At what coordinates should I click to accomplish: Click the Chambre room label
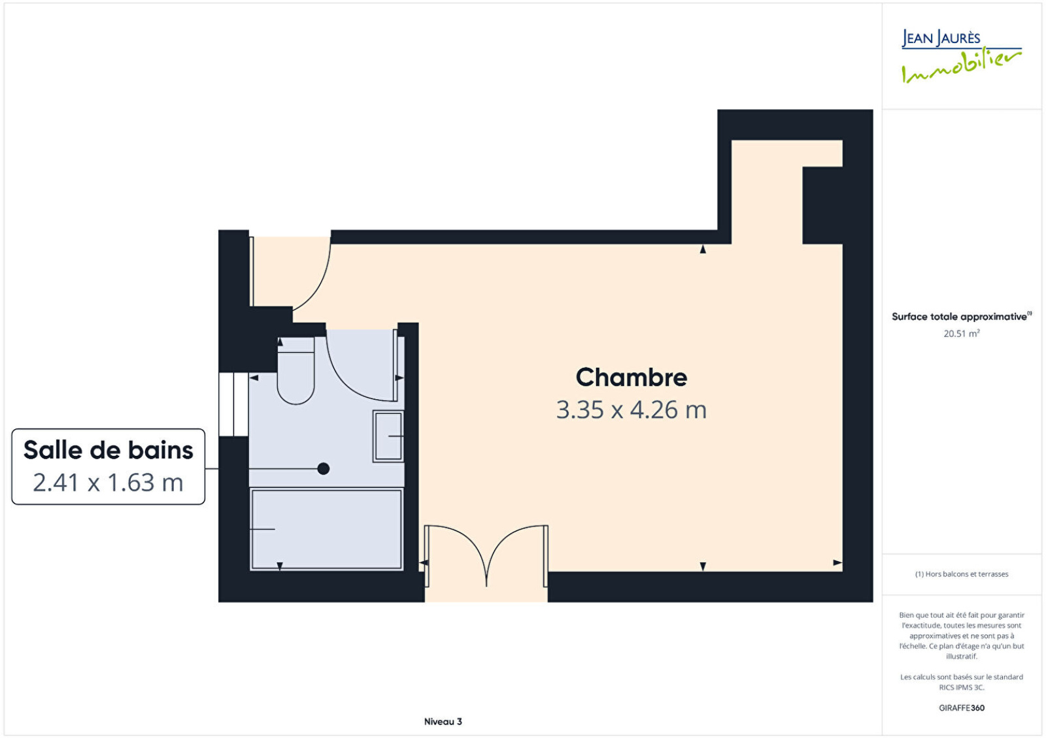[632, 377]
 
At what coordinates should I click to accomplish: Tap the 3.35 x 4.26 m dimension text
[632, 410]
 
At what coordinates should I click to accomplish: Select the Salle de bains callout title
[109, 450]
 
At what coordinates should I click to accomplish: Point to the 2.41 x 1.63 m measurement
[108, 483]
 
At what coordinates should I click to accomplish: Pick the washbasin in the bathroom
[388, 436]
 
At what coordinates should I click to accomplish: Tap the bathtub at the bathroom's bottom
[326, 530]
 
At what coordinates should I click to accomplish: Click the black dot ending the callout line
[323, 468]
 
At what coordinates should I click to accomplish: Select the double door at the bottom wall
[486, 555]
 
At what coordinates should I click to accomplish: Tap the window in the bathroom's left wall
[233, 404]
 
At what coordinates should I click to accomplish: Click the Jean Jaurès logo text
[941, 38]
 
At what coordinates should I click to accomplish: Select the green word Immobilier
[962, 67]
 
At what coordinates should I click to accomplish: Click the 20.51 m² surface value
[962, 333]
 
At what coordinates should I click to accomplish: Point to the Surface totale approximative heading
[962, 316]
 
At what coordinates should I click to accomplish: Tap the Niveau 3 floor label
[443, 721]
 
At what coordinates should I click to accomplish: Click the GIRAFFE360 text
[962, 708]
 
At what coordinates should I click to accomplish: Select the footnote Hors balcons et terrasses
[962, 574]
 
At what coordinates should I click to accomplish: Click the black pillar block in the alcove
[822, 205]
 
